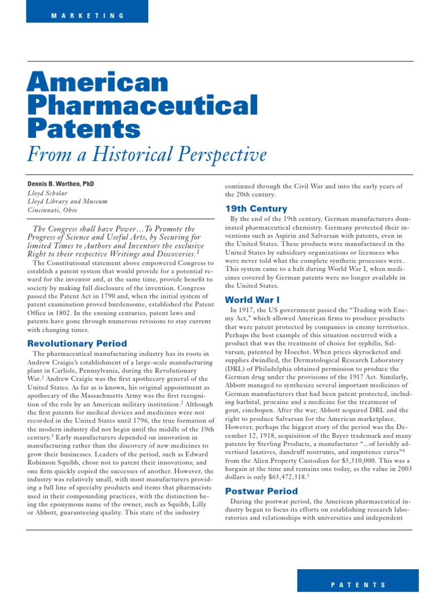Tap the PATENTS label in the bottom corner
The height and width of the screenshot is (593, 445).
pyautogui.click(x=358, y=585)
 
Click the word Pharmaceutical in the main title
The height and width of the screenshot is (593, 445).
pyautogui.click(x=143, y=105)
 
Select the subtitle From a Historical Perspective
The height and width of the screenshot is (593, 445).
pyautogui.click(x=147, y=154)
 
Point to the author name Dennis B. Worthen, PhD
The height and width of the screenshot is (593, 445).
pyautogui.click(x=61, y=184)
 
